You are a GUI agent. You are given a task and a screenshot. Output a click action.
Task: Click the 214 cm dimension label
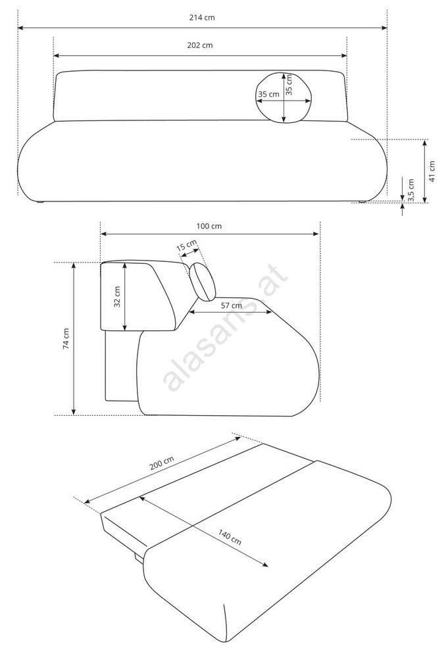click(x=202, y=18)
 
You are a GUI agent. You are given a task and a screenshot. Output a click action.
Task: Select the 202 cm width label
click(x=200, y=45)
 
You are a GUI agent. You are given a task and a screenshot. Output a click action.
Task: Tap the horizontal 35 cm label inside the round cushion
click(x=268, y=94)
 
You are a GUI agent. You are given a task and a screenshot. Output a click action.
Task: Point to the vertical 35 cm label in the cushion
click(x=289, y=85)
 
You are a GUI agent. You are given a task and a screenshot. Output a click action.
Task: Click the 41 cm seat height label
click(x=432, y=171)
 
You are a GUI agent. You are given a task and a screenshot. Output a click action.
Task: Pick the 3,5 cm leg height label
click(x=411, y=190)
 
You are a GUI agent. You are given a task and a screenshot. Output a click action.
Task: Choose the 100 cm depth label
click(x=209, y=226)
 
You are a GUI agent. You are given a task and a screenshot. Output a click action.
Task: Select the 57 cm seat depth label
click(x=232, y=305)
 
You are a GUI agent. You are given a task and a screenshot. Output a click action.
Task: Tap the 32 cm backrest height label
click(x=118, y=297)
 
